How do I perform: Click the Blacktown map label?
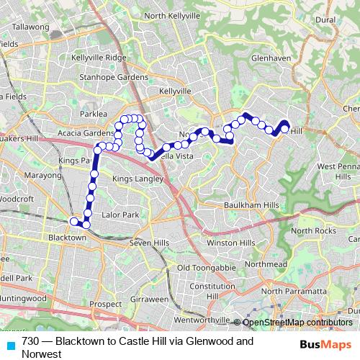point(66,236)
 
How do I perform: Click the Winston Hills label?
point(231,243)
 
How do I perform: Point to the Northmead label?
point(265,265)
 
